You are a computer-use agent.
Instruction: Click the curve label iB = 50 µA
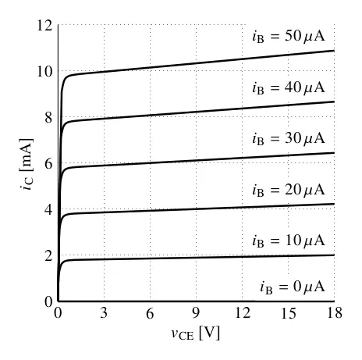(289, 37)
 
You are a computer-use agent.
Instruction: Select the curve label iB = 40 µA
(289, 87)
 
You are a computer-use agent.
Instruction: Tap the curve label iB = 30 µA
(289, 138)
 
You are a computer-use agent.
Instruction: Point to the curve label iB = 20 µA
(289, 190)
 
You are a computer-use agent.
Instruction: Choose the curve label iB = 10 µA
(289, 241)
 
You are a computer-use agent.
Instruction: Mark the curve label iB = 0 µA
(293, 287)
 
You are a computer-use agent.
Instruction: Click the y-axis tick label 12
(44, 26)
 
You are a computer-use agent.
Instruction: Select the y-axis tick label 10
(44, 72)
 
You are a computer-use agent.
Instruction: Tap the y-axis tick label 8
(48, 118)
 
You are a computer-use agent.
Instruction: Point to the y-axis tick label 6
(48, 164)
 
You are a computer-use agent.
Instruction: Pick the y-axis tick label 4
(48, 210)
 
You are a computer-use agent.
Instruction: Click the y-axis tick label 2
(48, 256)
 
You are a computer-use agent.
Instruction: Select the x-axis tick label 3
(104, 313)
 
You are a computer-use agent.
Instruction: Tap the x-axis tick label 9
(196, 313)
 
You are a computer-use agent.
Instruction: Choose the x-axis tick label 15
(288, 313)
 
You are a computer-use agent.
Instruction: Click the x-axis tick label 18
(335, 313)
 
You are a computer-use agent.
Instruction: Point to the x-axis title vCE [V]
(196, 333)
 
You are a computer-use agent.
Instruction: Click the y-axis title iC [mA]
(27, 165)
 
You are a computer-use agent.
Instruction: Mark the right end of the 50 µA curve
(334, 51)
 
